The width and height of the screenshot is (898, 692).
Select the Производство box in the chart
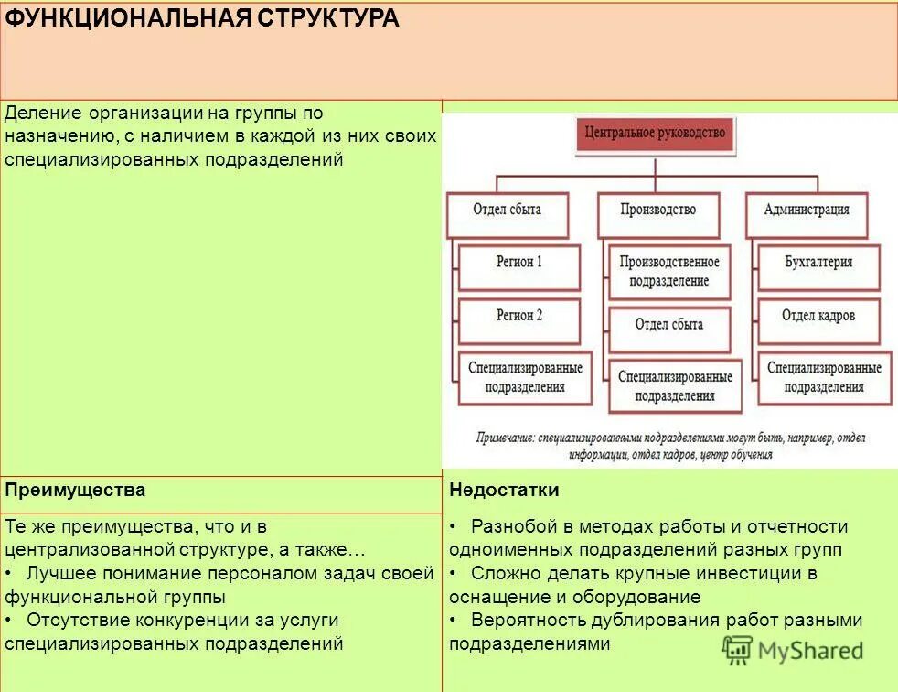[x=657, y=210]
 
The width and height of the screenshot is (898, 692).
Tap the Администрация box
[x=807, y=210]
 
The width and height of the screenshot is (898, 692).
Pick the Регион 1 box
[x=519, y=262]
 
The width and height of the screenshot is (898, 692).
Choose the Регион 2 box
[x=519, y=316]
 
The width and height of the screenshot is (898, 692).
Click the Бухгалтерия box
[x=818, y=262]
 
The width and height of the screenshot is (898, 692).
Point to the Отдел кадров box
[x=818, y=316]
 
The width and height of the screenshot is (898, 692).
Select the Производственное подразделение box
[x=669, y=272]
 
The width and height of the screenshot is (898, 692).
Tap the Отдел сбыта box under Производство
[x=669, y=325]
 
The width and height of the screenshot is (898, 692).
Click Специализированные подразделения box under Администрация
[x=824, y=377]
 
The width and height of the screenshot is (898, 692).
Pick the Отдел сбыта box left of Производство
[x=508, y=210]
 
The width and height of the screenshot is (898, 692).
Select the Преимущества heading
[x=75, y=491]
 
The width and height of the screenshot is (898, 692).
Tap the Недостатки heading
[x=504, y=491]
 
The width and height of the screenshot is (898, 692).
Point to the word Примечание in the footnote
[x=505, y=438]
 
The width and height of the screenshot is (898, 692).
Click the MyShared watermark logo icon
[x=739, y=650]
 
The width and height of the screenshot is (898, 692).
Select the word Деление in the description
[x=43, y=114]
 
